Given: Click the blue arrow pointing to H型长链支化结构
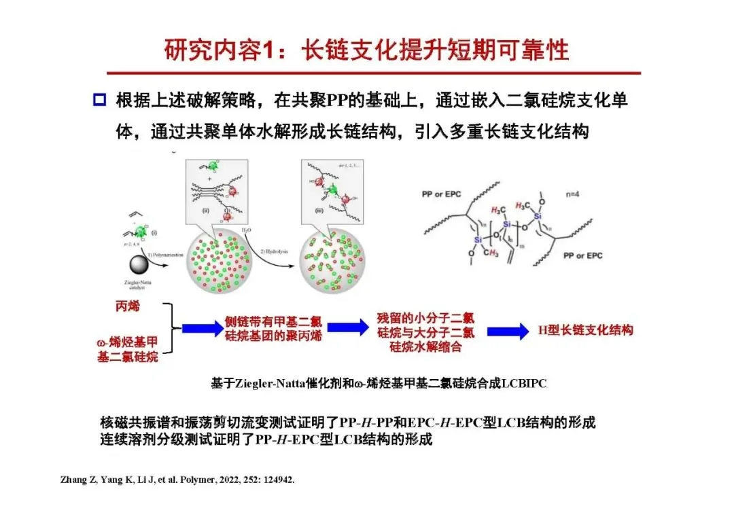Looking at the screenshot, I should [508, 331].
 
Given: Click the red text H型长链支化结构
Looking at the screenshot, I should [585, 330].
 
